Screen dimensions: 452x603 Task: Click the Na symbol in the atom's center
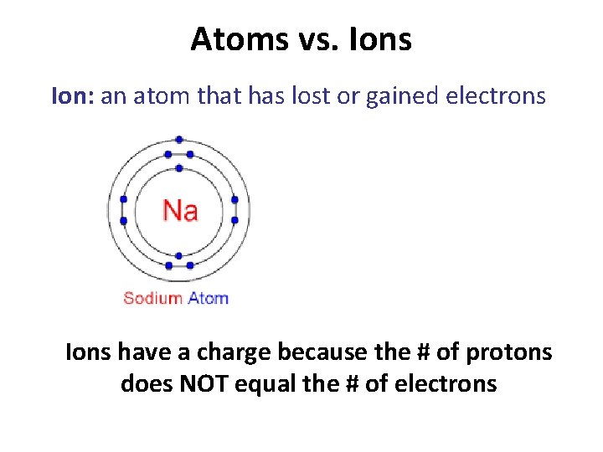tap(180, 210)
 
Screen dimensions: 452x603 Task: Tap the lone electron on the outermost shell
tap(179, 140)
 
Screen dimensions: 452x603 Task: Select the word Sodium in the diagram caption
tap(153, 298)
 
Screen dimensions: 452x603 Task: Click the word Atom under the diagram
tap(208, 298)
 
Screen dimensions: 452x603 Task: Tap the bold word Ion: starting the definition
tap(73, 96)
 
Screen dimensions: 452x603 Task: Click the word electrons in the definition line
tap(500, 96)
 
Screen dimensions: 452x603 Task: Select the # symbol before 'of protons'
tap(419, 352)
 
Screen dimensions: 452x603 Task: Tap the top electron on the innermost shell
tap(179, 168)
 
